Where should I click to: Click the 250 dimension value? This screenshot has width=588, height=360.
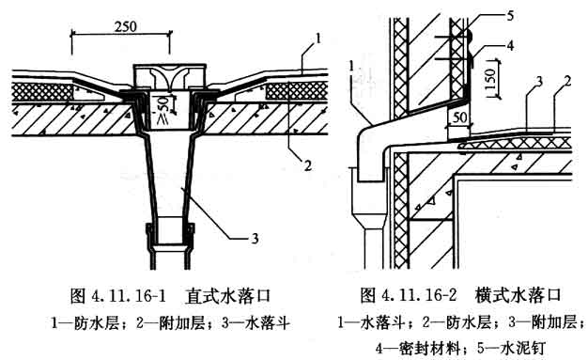coord(126,26)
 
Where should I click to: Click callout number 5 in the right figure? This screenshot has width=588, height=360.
coord(510,16)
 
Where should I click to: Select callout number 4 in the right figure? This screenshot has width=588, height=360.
coord(510,45)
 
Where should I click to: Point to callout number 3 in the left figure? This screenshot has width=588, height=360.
coord(255,239)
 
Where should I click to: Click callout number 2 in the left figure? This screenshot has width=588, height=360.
coord(308,165)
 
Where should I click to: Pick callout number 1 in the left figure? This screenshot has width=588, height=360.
coord(318,39)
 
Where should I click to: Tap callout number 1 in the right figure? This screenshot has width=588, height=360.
coord(351,66)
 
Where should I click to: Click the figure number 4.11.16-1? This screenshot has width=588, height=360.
coord(129,296)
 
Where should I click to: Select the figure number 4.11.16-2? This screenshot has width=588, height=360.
coord(419,295)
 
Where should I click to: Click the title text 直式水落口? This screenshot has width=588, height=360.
coord(227,296)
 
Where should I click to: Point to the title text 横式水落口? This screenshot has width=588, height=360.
coord(518,295)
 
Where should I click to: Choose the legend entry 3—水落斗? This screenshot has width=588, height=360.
coord(256,322)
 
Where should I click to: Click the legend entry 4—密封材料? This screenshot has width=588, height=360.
coord(418,349)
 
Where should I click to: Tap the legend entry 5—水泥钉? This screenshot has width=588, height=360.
coord(510,349)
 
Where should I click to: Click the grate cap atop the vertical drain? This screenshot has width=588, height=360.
coord(170,77)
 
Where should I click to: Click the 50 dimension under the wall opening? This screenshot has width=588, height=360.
coord(459,117)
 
